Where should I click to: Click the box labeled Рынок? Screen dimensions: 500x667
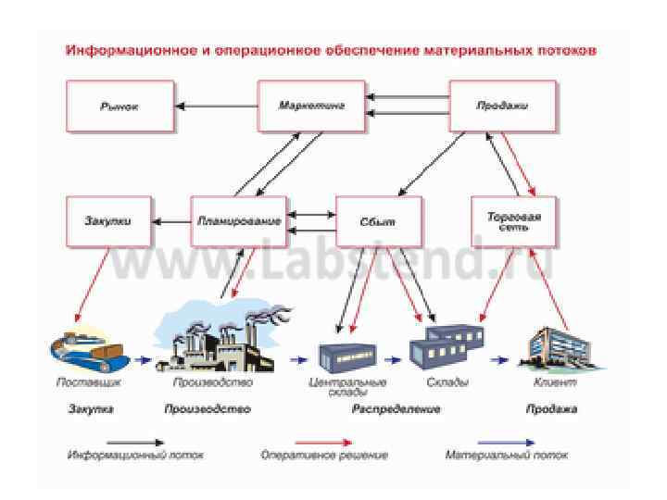pos(120,106)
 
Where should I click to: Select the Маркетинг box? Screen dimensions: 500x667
pos(311,106)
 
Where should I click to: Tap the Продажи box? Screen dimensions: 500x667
pos(503,106)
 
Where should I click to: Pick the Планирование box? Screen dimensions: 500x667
pos(237,221)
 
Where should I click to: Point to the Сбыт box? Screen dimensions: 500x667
pos(378,221)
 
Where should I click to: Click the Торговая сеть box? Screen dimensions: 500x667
pos(514,221)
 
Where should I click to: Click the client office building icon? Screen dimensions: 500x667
pos(555,349)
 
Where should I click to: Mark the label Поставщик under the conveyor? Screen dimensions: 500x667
pos(89,381)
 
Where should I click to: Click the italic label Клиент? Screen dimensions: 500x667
pos(555,381)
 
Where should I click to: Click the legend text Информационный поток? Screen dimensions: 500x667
pos(135,456)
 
